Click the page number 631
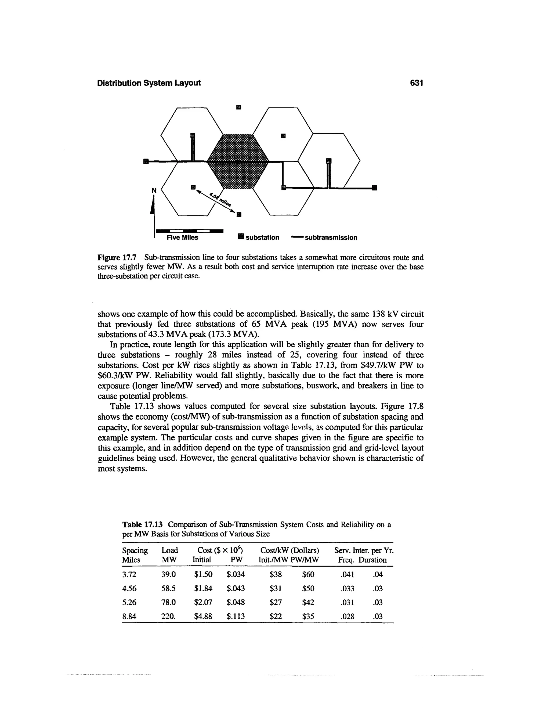[417, 83]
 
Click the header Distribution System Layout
[149, 83]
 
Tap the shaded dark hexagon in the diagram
[238, 161]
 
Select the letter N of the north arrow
[154, 190]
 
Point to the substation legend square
[241, 237]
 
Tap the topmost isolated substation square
[238, 107]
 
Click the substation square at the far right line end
[374, 188]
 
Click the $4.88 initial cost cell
[203, 616]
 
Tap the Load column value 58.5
[168, 588]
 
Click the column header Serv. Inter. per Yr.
[364, 551]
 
